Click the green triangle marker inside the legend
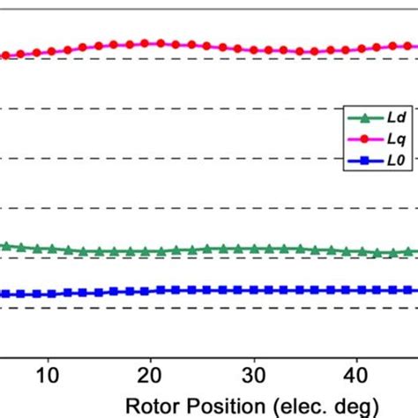[362, 117]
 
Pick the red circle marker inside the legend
[362, 139]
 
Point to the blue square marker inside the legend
[362, 161]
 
